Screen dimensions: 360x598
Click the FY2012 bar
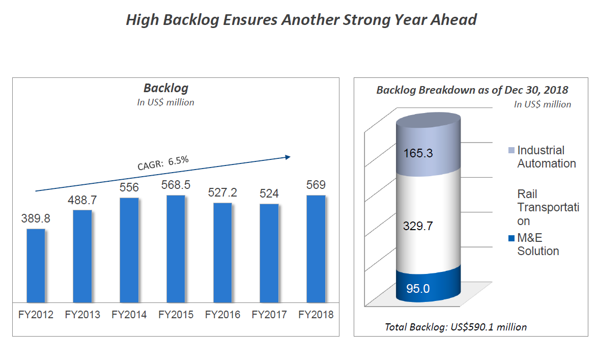[36, 265]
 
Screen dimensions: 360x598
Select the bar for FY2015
[176, 248]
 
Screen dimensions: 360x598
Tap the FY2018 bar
[316, 248]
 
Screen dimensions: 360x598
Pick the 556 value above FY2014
[129, 188]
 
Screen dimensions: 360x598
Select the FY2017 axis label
[269, 315]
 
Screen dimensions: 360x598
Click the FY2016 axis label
[222, 315]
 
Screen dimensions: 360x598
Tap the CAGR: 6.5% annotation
[163, 162]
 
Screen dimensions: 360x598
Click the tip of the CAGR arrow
[289, 156]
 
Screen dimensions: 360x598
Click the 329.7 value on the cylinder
[417, 226]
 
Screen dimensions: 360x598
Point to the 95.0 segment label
[417, 289]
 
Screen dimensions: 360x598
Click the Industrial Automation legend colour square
[511, 151]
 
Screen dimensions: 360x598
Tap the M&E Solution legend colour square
[511, 238]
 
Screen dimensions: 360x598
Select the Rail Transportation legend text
[548, 207]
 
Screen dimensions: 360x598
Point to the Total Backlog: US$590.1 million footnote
[455, 327]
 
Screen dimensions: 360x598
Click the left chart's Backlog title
[165, 88]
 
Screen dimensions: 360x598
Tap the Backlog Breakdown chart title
[472, 90]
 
